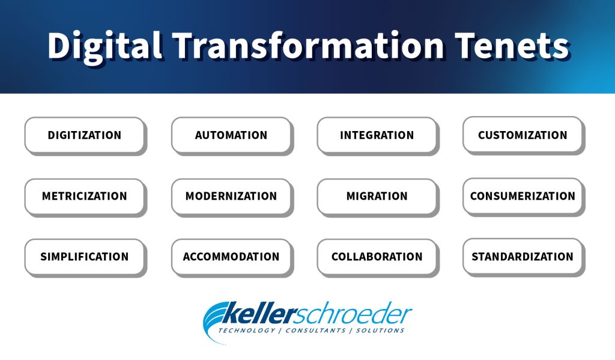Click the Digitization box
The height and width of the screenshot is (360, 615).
pyautogui.click(x=85, y=135)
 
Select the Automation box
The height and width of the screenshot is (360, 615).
pyautogui.click(x=231, y=135)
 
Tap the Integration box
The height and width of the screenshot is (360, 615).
pyautogui.click(x=377, y=135)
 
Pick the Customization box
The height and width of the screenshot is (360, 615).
pyautogui.click(x=523, y=135)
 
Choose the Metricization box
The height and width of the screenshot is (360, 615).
pyautogui.click(x=85, y=197)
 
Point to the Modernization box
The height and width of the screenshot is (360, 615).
pyautogui.click(x=231, y=197)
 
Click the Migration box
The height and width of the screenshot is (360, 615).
pyautogui.click(x=377, y=197)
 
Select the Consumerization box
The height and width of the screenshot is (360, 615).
pyautogui.click(x=523, y=196)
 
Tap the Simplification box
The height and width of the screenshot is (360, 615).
pyautogui.click(x=85, y=257)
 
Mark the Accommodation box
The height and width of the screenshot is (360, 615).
pyautogui.click(x=231, y=257)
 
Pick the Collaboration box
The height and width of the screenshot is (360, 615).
pyautogui.click(x=377, y=257)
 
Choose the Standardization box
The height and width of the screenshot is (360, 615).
pyautogui.click(x=523, y=257)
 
